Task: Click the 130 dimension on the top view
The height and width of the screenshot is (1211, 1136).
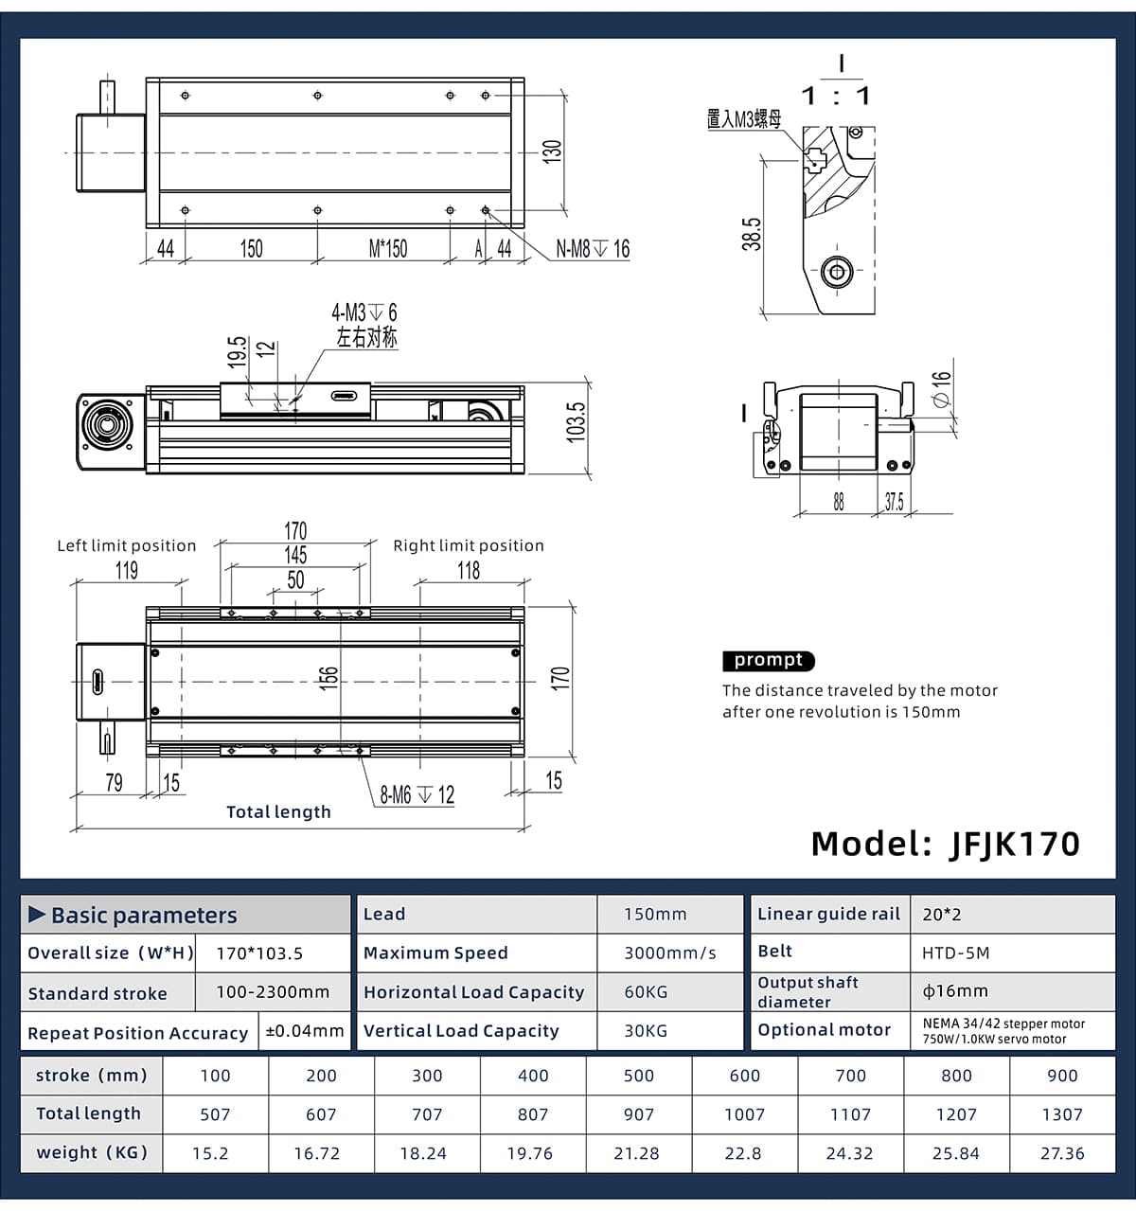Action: pos(552,151)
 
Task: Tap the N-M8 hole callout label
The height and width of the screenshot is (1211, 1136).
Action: pos(593,249)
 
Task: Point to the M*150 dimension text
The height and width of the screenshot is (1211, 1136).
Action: pos(388,249)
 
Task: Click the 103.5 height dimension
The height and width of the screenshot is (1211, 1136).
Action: pos(576,422)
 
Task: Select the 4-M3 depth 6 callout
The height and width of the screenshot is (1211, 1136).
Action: pos(364,312)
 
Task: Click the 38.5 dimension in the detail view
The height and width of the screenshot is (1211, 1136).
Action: pos(752,235)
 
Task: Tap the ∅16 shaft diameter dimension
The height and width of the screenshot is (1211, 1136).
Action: pos(940,389)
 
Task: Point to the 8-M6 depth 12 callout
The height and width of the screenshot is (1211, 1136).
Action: pos(417,795)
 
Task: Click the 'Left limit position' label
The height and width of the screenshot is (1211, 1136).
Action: pos(127,545)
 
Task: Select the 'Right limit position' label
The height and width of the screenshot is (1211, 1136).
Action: pos(469,545)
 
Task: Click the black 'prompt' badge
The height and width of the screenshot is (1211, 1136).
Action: pos(769,661)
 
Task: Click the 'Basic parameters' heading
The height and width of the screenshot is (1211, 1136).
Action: pos(144,916)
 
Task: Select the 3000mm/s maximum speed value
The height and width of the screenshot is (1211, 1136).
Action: pos(670,953)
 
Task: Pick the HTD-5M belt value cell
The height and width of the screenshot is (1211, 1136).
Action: pos(956,953)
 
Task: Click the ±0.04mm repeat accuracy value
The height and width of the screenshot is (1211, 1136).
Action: pos(305,1031)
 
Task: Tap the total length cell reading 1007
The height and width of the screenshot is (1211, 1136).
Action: pos(745,1114)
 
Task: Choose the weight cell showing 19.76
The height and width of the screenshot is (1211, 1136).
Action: pos(533,1153)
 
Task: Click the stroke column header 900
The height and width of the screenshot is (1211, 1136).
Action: pos(1062,1076)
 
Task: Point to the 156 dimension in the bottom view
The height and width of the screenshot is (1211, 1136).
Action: pos(328,678)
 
